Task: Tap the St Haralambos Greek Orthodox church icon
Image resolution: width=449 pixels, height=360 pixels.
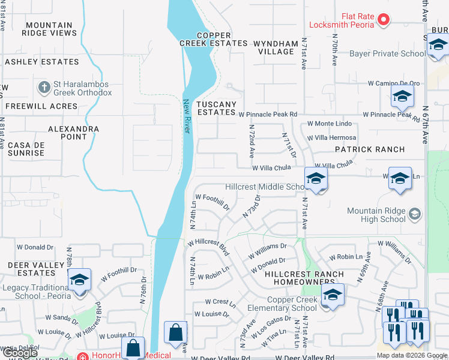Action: tap(44, 88)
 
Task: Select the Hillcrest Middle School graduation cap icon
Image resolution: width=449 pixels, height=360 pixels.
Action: tap(316, 179)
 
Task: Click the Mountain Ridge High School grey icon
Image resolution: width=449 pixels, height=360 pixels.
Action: tap(414, 214)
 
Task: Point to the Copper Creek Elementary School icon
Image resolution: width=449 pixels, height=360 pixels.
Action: tap(333, 295)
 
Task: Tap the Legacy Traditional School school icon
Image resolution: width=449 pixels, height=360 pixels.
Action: tap(79, 280)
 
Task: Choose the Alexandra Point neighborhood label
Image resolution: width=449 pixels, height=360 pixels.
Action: tap(73, 133)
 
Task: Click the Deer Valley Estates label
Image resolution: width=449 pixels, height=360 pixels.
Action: tap(35, 269)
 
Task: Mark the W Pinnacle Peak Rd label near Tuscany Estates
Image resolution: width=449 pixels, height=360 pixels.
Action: tap(268, 113)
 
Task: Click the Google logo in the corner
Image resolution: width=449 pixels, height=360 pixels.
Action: tap(19, 353)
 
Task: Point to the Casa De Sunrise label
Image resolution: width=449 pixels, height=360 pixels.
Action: tap(26, 149)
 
